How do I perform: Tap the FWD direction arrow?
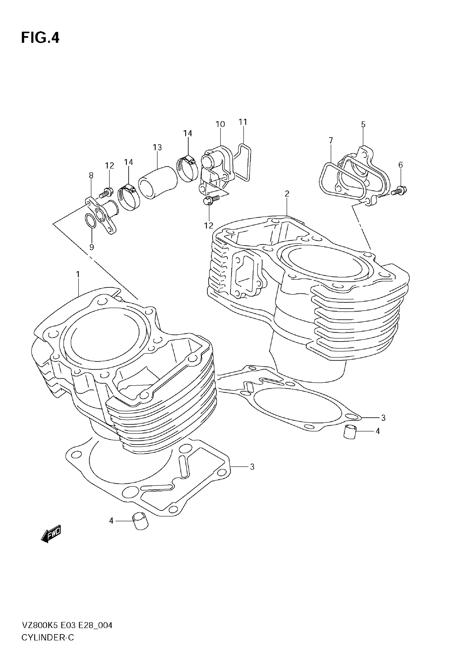[51, 533]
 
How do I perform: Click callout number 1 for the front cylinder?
[78, 274]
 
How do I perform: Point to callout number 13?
[157, 147]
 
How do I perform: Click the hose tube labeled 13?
[158, 182]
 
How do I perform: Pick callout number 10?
[220, 124]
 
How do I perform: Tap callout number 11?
[243, 122]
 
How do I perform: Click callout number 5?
[363, 124]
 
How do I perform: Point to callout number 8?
[91, 175]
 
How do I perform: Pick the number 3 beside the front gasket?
[252, 467]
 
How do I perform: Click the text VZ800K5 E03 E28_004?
[67, 626]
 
